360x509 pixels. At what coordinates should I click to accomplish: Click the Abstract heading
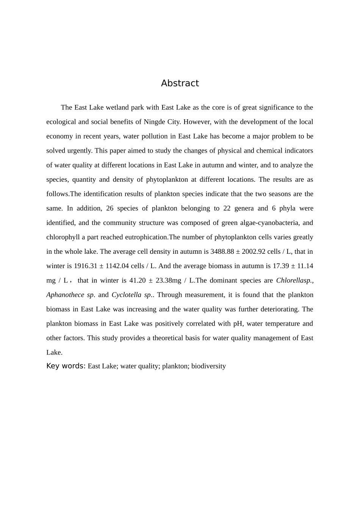[x=180, y=83]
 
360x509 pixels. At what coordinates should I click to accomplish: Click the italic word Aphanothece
[x=65, y=295]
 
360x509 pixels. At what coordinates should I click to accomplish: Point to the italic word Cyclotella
[x=127, y=295]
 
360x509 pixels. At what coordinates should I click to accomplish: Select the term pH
[x=237, y=323]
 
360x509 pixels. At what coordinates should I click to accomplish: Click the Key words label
[x=66, y=366]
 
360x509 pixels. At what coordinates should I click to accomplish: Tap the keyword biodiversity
[x=208, y=366]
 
